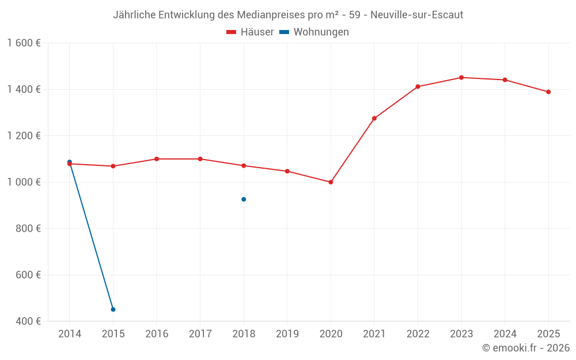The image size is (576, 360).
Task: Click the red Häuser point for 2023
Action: (x=461, y=77)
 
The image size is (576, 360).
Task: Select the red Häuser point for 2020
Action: (x=331, y=182)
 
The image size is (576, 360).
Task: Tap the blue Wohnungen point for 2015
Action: (x=113, y=309)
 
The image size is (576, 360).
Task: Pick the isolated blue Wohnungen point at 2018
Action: (x=244, y=199)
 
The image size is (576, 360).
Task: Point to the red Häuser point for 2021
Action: (x=374, y=118)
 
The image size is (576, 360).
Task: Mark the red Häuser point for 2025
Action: (x=548, y=92)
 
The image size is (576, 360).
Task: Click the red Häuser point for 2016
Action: (x=157, y=159)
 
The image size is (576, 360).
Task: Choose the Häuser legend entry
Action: (x=251, y=32)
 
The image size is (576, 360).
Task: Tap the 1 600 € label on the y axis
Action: (x=24, y=43)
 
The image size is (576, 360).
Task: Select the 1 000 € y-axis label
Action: (x=24, y=182)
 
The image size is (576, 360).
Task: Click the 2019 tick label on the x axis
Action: (x=287, y=334)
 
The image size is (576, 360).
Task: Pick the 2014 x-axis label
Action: (x=70, y=334)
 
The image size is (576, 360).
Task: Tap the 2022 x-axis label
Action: (x=418, y=334)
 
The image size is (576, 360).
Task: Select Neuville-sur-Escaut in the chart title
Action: (x=417, y=15)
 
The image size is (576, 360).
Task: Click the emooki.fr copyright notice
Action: (x=525, y=348)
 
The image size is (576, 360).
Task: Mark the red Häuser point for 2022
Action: (x=418, y=86)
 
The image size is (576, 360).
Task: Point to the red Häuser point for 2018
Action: (x=244, y=165)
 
